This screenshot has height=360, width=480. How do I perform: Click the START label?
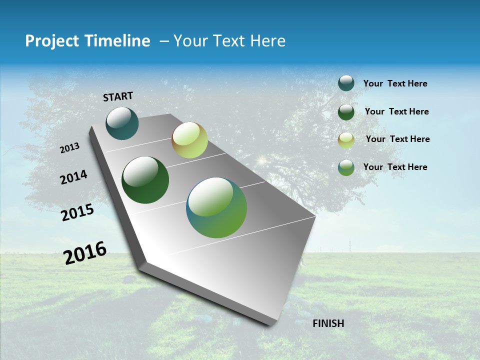point(118,96)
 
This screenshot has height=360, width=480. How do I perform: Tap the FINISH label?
point(328,323)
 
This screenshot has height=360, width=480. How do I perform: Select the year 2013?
point(70,147)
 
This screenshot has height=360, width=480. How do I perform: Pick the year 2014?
point(73,177)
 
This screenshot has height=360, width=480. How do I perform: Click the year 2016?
point(85,253)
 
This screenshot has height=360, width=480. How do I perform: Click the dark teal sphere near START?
point(122,123)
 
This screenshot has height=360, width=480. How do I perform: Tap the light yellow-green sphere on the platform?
point(189,140)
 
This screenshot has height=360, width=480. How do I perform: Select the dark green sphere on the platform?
point(145,180)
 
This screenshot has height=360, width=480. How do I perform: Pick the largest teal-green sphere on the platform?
point(216,207)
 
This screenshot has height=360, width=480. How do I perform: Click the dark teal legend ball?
point(346,83)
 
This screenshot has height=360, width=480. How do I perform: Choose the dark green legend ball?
point(346,112)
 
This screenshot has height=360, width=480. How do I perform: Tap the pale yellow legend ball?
point(346,140)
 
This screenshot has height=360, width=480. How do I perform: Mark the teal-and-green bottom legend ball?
point(346,167)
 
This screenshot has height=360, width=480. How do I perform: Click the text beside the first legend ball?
point(395,83)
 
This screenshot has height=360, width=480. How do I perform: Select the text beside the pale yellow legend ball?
point(397,139)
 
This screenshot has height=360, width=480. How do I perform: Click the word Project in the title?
point(52,41)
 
